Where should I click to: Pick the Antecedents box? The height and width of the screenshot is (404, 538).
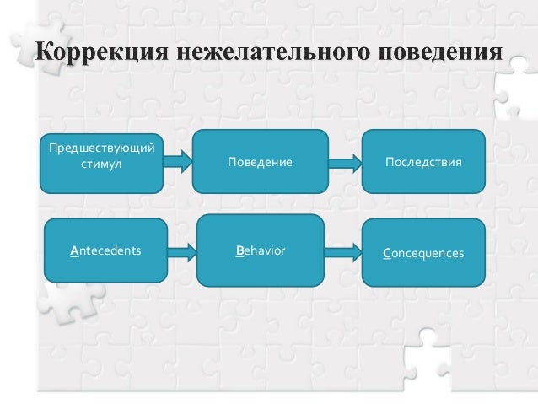coord(105,250)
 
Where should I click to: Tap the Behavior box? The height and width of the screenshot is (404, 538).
coord(261,250)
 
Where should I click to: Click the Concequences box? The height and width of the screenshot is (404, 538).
coord(423,250)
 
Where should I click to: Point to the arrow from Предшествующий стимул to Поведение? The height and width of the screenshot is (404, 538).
coord(178,158)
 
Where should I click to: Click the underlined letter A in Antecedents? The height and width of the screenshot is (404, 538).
coord(74,250)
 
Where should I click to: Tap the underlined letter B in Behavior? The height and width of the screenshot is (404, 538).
coord(240,250)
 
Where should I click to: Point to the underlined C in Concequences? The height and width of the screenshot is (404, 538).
coord(386,251)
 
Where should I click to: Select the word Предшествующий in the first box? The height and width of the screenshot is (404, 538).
coord(101,150)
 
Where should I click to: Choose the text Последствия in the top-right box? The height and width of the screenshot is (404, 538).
coord(423,159)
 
